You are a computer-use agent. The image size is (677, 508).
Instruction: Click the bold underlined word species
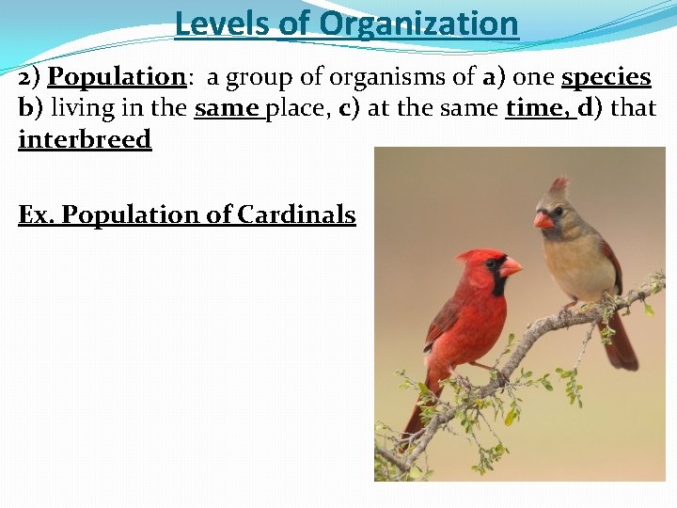(606, 77)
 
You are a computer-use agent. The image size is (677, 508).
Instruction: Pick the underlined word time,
(538, 108)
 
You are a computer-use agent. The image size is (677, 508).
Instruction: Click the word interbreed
(85, 139)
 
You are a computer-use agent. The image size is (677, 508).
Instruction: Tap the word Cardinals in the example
(296, 215)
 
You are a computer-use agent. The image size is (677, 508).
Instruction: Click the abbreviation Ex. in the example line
(37, 215)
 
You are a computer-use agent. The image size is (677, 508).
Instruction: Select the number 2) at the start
(30, 77)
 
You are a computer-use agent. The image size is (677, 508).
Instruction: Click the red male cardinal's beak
(511, 268)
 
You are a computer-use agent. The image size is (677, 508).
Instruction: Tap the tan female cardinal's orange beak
(543, 220)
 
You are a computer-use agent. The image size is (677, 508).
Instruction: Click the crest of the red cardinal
(470, 256)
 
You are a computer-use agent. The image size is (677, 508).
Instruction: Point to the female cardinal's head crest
(560, 184)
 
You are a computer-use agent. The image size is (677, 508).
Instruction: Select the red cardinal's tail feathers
(413, 419)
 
